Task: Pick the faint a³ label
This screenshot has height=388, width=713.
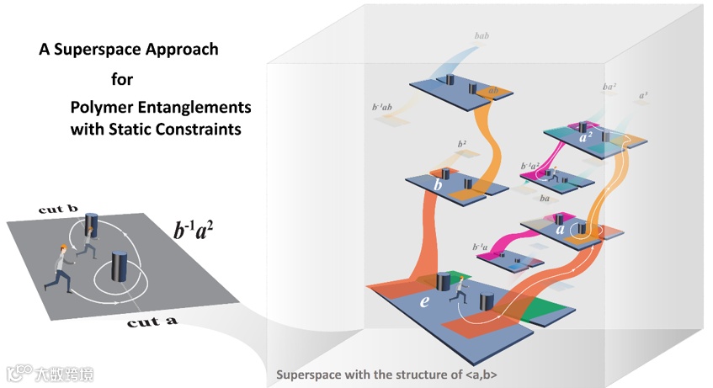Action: coord(644,97)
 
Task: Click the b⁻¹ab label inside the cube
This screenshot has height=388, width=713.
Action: coord(384,108)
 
